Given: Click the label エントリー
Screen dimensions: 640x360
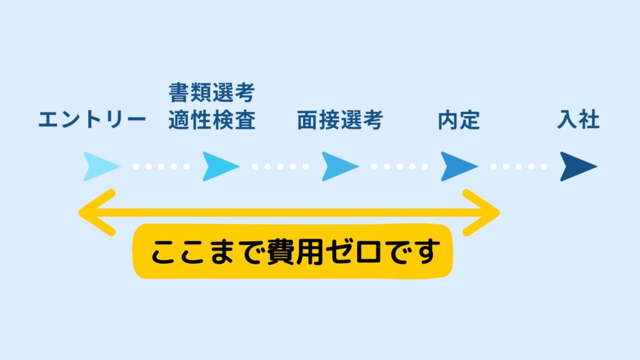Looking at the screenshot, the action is (x=92, y=120).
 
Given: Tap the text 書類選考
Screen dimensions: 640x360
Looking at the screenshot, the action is (x=212, y=92).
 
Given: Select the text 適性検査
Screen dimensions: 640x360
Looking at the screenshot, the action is (x=212, y=120).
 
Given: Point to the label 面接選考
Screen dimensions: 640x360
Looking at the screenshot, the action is (x=340, y=120).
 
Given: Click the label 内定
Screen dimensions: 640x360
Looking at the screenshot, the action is (x=459, y=120).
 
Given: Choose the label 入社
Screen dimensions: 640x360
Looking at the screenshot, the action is (x=578, y=119).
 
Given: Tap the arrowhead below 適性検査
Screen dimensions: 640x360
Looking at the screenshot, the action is (x=221, y=166).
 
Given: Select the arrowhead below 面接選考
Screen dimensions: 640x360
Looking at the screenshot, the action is (x=340, y=166).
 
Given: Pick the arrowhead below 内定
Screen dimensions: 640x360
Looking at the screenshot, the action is (x=459, y=166).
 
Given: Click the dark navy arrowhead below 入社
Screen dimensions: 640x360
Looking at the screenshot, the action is (x=578, y=166).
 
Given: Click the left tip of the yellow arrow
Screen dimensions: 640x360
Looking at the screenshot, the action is (x=79, y=212).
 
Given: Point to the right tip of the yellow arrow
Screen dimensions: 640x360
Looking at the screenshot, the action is (x=499, y=212).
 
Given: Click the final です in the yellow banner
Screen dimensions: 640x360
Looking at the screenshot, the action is (x=412, y=252).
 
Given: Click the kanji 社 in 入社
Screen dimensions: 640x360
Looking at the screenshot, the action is (x=589, y=119).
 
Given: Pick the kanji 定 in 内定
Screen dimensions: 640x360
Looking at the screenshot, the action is (x=470, y=120).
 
